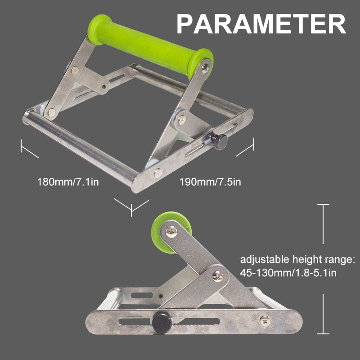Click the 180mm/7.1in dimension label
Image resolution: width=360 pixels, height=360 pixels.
click(68, 182)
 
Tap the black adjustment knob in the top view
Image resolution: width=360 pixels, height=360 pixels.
click(220, 141)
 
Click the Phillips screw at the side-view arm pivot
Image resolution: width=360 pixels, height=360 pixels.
click(217, 276)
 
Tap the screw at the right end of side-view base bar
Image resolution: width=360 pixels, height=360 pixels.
click(265, 321)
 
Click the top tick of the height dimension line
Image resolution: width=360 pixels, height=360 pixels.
click(323, 205)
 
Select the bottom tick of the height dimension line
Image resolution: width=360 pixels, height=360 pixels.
click(323, 333)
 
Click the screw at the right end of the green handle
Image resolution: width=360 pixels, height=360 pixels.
click(205, 67)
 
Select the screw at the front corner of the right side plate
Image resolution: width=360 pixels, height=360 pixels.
click(157, 171)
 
